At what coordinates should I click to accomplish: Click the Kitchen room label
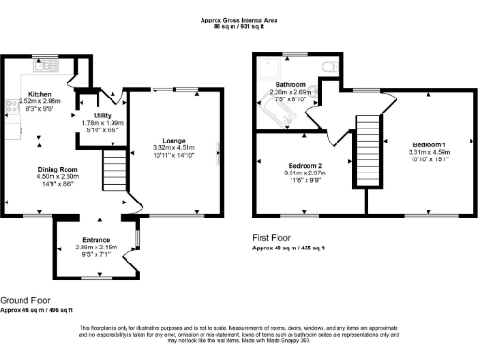click(x=38, y=94)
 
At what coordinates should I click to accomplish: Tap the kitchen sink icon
click(x=43, y=67)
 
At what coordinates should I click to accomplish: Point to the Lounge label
click(x=172, y=140)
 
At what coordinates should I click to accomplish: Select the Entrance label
click(x=94, y=239)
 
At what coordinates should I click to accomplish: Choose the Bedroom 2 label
click(x=307, y=165)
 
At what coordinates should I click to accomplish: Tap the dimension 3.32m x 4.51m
click(x=172, y=147)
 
